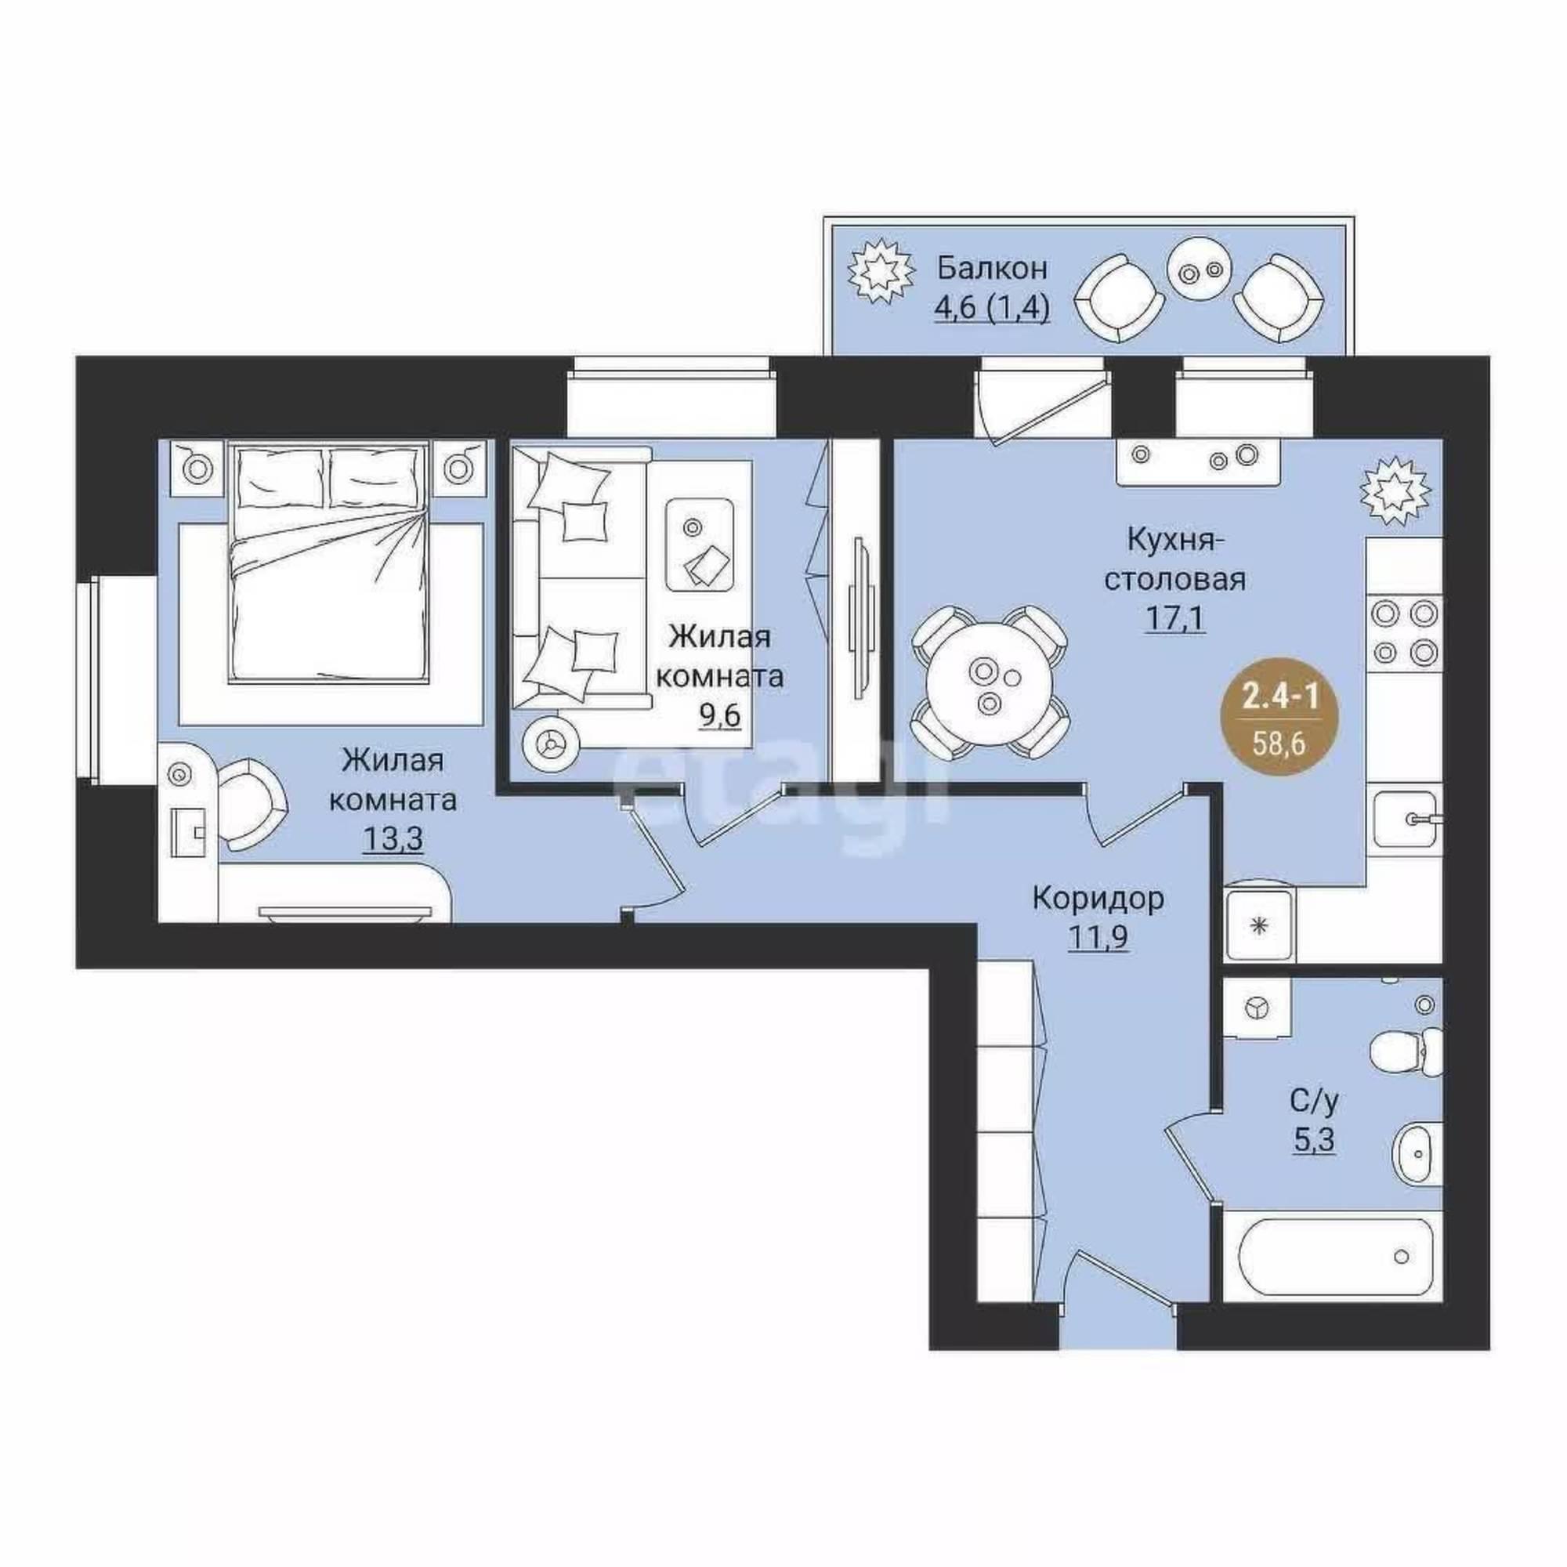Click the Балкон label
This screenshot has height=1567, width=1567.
[992, 268]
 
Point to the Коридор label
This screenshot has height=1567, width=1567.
[1098, 899]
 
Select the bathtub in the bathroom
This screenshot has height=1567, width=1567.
[1334, 1279]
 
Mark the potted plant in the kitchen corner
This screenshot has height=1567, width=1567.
[1396, 489]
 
